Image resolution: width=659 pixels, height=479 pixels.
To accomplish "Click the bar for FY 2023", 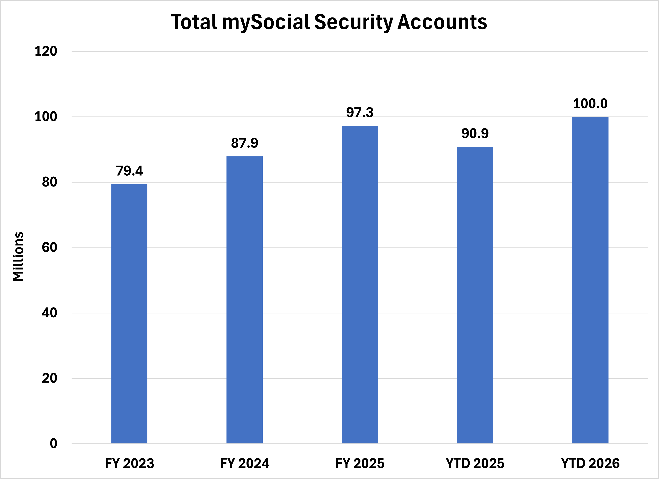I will [x=129, y=314].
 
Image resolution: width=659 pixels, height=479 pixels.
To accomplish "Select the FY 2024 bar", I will [x=244, y=300].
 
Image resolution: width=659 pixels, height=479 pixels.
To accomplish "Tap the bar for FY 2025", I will [x=360, y=285].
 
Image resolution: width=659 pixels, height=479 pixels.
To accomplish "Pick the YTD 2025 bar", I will [x=475, y=295].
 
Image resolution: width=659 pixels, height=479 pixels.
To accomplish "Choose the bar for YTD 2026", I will [x=590, y=280].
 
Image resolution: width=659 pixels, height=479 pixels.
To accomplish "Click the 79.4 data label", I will [x=129, y=171].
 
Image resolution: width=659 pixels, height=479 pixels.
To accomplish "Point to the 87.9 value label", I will [x=244, y=143].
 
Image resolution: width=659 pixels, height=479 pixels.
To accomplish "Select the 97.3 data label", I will [x=360, y=112].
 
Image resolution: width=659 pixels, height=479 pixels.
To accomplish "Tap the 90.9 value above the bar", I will [x=475, y=133].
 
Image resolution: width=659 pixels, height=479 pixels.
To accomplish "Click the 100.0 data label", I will [x=590, y=104].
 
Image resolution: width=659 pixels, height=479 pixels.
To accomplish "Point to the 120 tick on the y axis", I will [x=46, y=51].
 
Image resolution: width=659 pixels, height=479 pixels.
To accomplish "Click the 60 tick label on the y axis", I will [x=49, y=248].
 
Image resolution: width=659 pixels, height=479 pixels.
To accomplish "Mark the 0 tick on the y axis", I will [x=53, y=444].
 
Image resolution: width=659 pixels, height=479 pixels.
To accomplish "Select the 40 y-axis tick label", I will [x=49, y=313].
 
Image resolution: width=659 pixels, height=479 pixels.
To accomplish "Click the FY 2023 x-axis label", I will [x=129, y=463].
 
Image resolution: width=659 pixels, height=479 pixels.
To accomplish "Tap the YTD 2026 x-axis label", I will [x=590, y=463].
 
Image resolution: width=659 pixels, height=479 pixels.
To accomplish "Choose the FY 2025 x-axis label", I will [x=360, y=463].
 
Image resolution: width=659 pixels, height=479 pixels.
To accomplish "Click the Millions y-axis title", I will [x=18, y=256].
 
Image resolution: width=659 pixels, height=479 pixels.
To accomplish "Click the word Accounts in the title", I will [x=442, y=22].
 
